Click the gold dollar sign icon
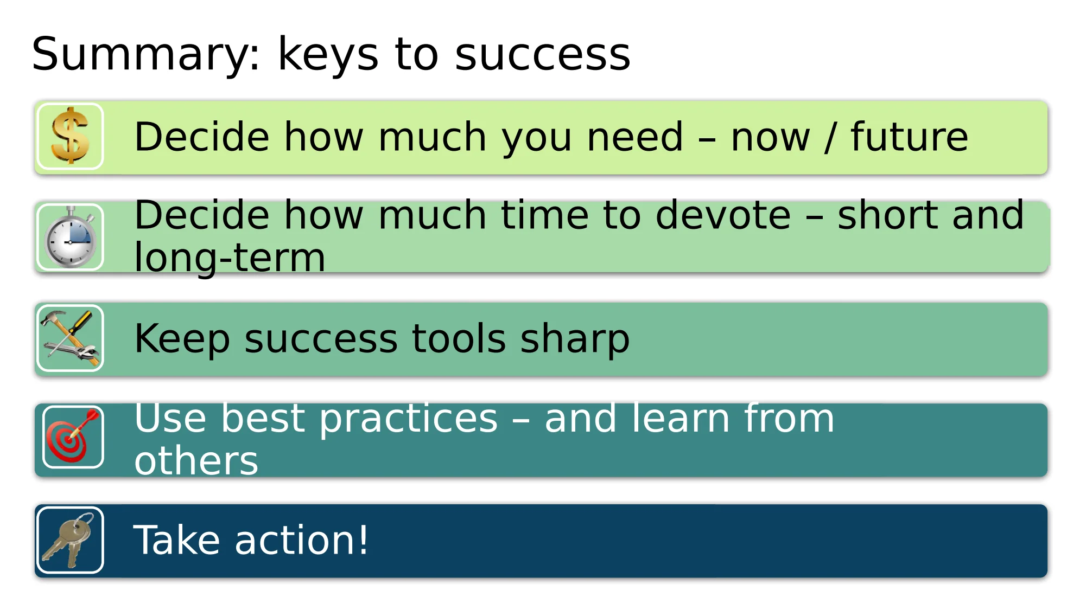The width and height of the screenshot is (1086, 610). [x=70, y=136]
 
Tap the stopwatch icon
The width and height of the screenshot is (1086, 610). [x=70, y=237]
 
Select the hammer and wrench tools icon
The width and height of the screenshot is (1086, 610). [x=70, y=338]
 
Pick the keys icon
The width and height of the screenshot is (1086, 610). [x=69, y=540]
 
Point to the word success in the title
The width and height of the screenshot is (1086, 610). [x=543, y=54]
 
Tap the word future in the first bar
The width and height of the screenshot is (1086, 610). [x=909, y=136]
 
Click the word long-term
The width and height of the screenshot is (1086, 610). [x=230, y=257]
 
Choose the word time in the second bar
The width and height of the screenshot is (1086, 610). [x=544, y=215]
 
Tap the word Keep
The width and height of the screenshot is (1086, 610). [x=182, y=339]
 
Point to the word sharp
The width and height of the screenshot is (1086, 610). [x=575, y=339]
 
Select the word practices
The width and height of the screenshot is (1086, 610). [x=408, y=419]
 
